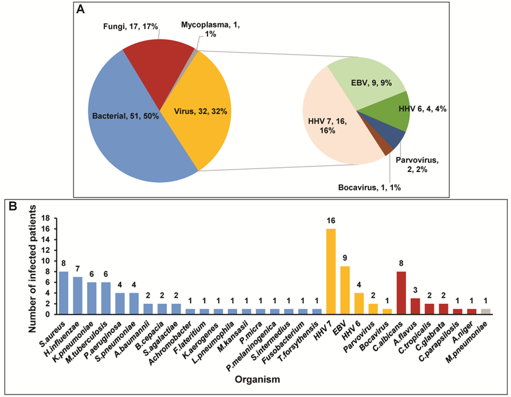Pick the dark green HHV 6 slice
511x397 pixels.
(394, 112)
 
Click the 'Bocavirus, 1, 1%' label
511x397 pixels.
(365, 186)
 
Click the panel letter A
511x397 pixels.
(81, 9)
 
